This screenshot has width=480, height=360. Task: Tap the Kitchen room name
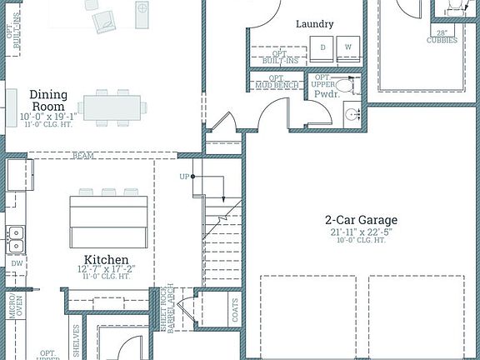pos(107,259)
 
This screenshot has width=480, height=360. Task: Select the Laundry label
pos(314,24)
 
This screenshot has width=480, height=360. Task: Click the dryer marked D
pos(323,48)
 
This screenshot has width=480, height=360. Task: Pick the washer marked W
pos(347,48)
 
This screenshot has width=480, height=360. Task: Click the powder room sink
pos(353,114)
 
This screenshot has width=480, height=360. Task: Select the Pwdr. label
pos(325,95)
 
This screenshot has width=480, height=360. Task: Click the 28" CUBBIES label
pos(442,37)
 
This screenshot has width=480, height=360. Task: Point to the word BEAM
pos(82,156)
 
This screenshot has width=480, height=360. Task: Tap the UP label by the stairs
pos(183,177)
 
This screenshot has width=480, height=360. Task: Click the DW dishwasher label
pos(17,263)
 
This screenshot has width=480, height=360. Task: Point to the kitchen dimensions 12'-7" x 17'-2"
pos(107,270)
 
